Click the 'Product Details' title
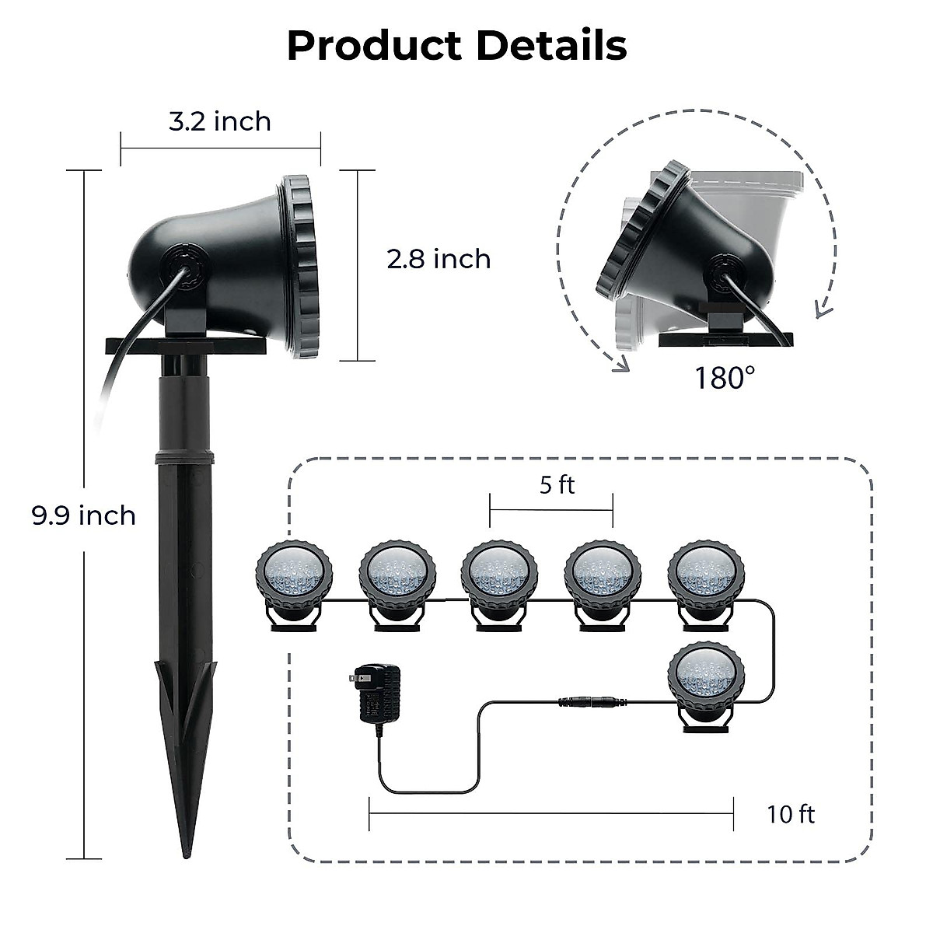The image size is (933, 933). pyautogui.click(x=456, y=46)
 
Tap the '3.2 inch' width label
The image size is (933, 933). pyautogui.click(x=220, y=121)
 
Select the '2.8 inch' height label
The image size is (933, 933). pyautogui.click(x=439, y=258)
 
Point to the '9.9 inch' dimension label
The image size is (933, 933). pyautogui.click(x=84, y=515)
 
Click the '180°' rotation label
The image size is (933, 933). pyautogui.click(x=725, y=379)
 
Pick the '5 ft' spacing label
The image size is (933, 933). pyautogui.click(x=557, y=485)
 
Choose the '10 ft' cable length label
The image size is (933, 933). pyautogui.click(x=791, y=814)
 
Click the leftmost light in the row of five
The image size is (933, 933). pyautogui.click(x=295, y=579)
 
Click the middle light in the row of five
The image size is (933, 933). pyautogui.click(x=500, y=579)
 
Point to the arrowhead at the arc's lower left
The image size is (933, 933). pyautogui.click(x=620, y=365)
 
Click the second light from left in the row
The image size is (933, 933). pyautogui.click(x=397, y=579)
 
